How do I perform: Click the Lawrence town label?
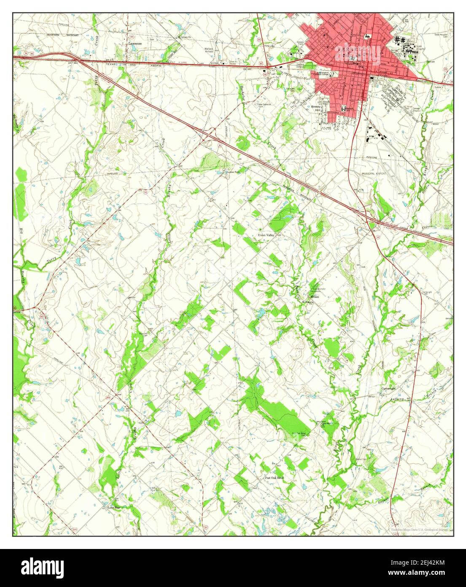135,43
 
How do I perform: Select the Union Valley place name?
266,235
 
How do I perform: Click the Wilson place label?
316,297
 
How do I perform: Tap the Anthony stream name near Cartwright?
397,399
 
